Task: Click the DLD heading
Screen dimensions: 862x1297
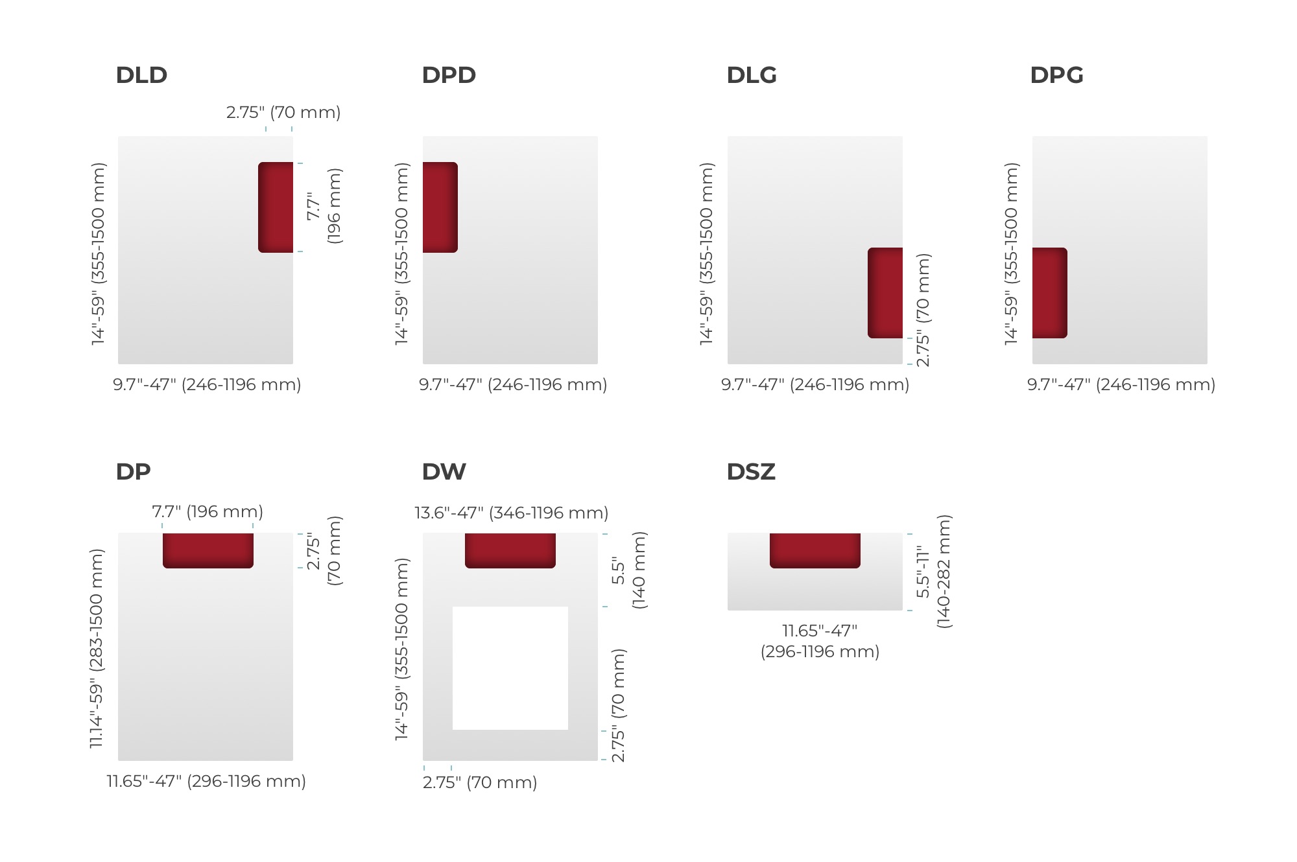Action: [x=141, y=75]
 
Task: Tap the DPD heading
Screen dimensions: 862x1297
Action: [x=449, y=75]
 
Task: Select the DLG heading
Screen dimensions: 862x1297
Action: [x=752, y=75]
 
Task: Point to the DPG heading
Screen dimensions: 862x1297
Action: [x=1056, y=75]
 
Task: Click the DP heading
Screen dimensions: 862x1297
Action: [x=133, y=472]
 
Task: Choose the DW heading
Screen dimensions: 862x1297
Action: [x=444, y=472]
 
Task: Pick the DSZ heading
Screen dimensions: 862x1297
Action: [x=751, y=472]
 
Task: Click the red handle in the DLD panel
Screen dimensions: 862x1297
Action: [x=276, y=207]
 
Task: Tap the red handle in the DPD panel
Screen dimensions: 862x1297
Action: [x=440, y=207]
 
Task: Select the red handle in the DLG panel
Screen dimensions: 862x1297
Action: [x=885, y=293]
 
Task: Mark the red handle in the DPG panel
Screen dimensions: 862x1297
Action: [x=1050, y=293]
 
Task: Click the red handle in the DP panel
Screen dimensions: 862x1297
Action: [x=208, y=550]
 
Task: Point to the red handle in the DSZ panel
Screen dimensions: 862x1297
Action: [x=815, y=550]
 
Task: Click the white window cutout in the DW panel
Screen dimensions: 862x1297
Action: [x=510, y=668]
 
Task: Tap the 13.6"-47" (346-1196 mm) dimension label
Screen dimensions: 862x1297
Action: [x=512, y=513]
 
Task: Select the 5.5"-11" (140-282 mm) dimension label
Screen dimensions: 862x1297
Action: [x=933, y=572]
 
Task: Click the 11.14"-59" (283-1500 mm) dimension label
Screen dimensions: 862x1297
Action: [x=97, y=648]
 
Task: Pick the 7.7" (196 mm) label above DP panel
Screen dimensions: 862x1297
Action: [x=208, y=512]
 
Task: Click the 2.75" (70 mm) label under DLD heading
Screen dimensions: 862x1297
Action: [x=283, y=113]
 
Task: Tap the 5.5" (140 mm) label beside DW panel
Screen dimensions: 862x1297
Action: [x=628, y=570]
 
